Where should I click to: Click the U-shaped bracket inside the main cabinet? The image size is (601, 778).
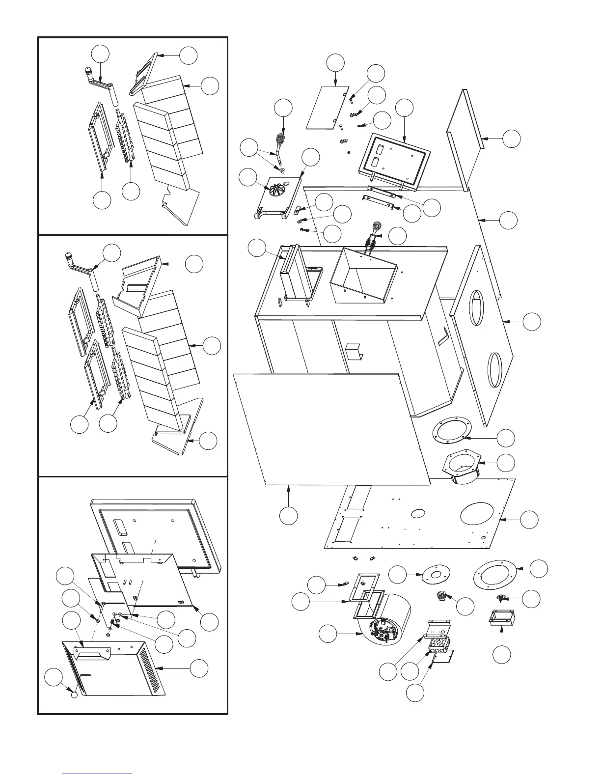click(353, 351)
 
